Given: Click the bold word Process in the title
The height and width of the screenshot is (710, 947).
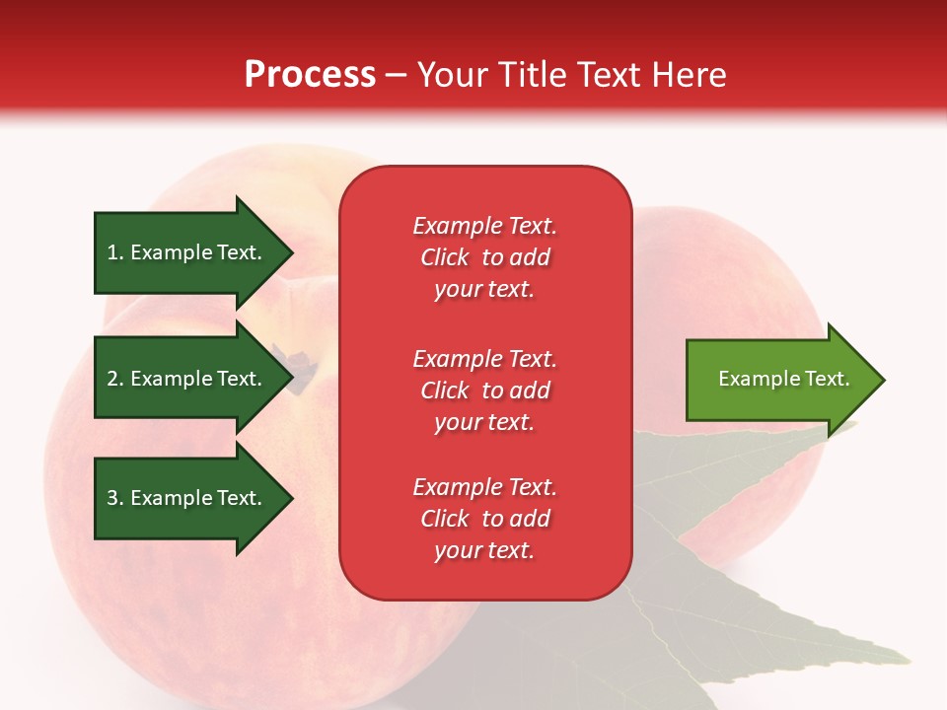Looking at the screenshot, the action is (310, 75).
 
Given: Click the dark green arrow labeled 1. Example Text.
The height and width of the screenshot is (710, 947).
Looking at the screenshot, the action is (193, 252).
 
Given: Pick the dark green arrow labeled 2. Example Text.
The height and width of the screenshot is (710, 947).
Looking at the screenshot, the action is (193, 378).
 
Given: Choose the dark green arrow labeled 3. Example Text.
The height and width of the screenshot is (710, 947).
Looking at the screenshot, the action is (193, 498).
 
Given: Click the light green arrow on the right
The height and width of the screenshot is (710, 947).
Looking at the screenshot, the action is (785, 380).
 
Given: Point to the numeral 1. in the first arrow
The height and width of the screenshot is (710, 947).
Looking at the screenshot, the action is (115, 252).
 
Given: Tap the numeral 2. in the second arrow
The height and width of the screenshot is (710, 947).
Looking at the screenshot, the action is (115, 379).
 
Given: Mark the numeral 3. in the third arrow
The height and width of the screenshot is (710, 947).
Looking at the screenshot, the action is (115, 497).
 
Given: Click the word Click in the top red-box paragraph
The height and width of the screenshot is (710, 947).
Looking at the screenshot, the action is (445, 257).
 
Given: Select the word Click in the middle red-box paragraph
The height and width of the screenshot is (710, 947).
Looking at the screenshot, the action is (445, 390).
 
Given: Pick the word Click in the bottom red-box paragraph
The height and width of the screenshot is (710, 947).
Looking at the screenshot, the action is (445, 518).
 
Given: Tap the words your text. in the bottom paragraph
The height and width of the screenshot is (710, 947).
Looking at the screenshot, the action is (484, 550).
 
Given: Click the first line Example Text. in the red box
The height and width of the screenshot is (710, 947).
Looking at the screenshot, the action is (485, 225).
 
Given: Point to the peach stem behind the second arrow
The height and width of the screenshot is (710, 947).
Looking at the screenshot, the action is (297, 368).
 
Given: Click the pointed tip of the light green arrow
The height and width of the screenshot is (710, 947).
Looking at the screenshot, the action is (885, 380).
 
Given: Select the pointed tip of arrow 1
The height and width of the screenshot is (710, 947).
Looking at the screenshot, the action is (293, 253).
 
